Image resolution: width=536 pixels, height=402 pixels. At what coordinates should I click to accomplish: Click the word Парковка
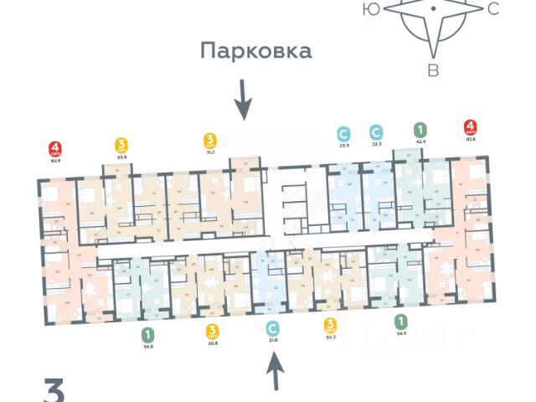tap(255, 51)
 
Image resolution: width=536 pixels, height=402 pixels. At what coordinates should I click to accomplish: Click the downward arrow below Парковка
tap(242, 100)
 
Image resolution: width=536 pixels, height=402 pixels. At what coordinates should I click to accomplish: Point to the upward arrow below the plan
tap(275, 369)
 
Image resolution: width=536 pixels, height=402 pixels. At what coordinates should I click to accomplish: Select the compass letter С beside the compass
tap(492, 9)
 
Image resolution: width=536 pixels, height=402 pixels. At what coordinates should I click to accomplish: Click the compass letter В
tap(433, 70)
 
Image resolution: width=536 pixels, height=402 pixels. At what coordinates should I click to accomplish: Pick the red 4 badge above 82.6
tap(471, 129)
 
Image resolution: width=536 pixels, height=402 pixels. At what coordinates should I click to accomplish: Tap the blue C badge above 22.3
tap(378, 132)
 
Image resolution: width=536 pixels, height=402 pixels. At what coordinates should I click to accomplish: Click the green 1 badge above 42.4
tap(419, 130)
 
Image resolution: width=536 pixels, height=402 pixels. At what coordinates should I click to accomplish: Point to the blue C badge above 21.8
tap(272, 327)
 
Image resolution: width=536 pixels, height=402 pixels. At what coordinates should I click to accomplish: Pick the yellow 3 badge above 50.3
tap(330, 324)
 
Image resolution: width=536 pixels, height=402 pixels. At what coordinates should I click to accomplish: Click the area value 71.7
tap(211, 153)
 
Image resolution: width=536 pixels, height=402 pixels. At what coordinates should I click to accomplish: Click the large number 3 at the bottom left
tap(54, 390)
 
